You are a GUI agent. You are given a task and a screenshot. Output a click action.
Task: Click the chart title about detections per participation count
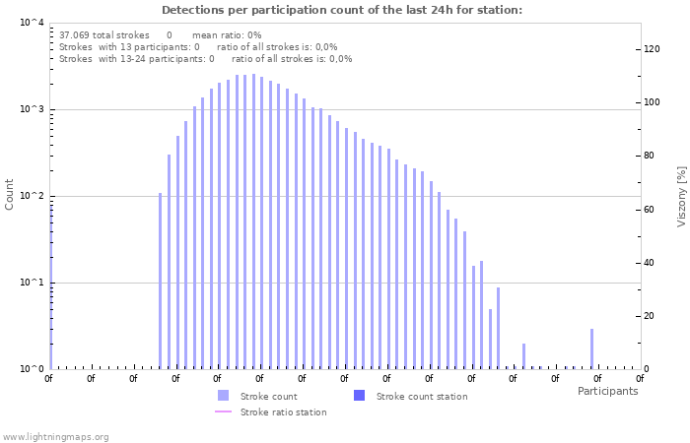342,10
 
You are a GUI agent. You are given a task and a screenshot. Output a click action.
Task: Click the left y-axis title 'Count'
10,194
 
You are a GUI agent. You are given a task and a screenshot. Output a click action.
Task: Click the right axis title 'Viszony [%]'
680,196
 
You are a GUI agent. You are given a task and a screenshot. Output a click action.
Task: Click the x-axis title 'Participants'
607,391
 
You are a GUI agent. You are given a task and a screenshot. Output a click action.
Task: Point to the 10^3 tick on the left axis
32,109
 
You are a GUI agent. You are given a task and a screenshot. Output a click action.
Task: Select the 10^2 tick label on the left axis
32,196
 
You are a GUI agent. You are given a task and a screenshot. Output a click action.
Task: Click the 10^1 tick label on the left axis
32,283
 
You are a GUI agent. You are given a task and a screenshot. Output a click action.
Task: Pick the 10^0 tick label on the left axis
32,369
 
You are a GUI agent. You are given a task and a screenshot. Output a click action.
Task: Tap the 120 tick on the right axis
653,49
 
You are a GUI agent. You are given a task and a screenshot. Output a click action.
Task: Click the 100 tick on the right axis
653,102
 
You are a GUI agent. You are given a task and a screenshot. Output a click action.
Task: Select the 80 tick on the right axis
651,156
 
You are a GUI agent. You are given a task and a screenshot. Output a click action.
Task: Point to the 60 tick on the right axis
651,209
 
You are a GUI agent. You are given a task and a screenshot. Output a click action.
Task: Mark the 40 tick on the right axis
651,263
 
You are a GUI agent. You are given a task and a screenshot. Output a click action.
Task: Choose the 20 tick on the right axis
651,316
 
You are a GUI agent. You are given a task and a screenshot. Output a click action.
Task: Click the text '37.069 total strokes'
104,34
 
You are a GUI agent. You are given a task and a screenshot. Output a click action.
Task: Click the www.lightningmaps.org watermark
55,436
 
